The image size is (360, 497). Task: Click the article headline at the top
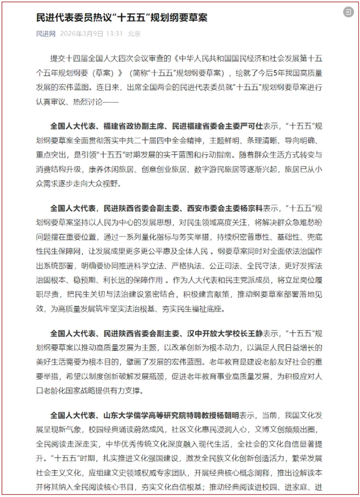point(121,17)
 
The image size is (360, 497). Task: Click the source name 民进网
point(45,34)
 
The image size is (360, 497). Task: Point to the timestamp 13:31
point(114,34)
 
